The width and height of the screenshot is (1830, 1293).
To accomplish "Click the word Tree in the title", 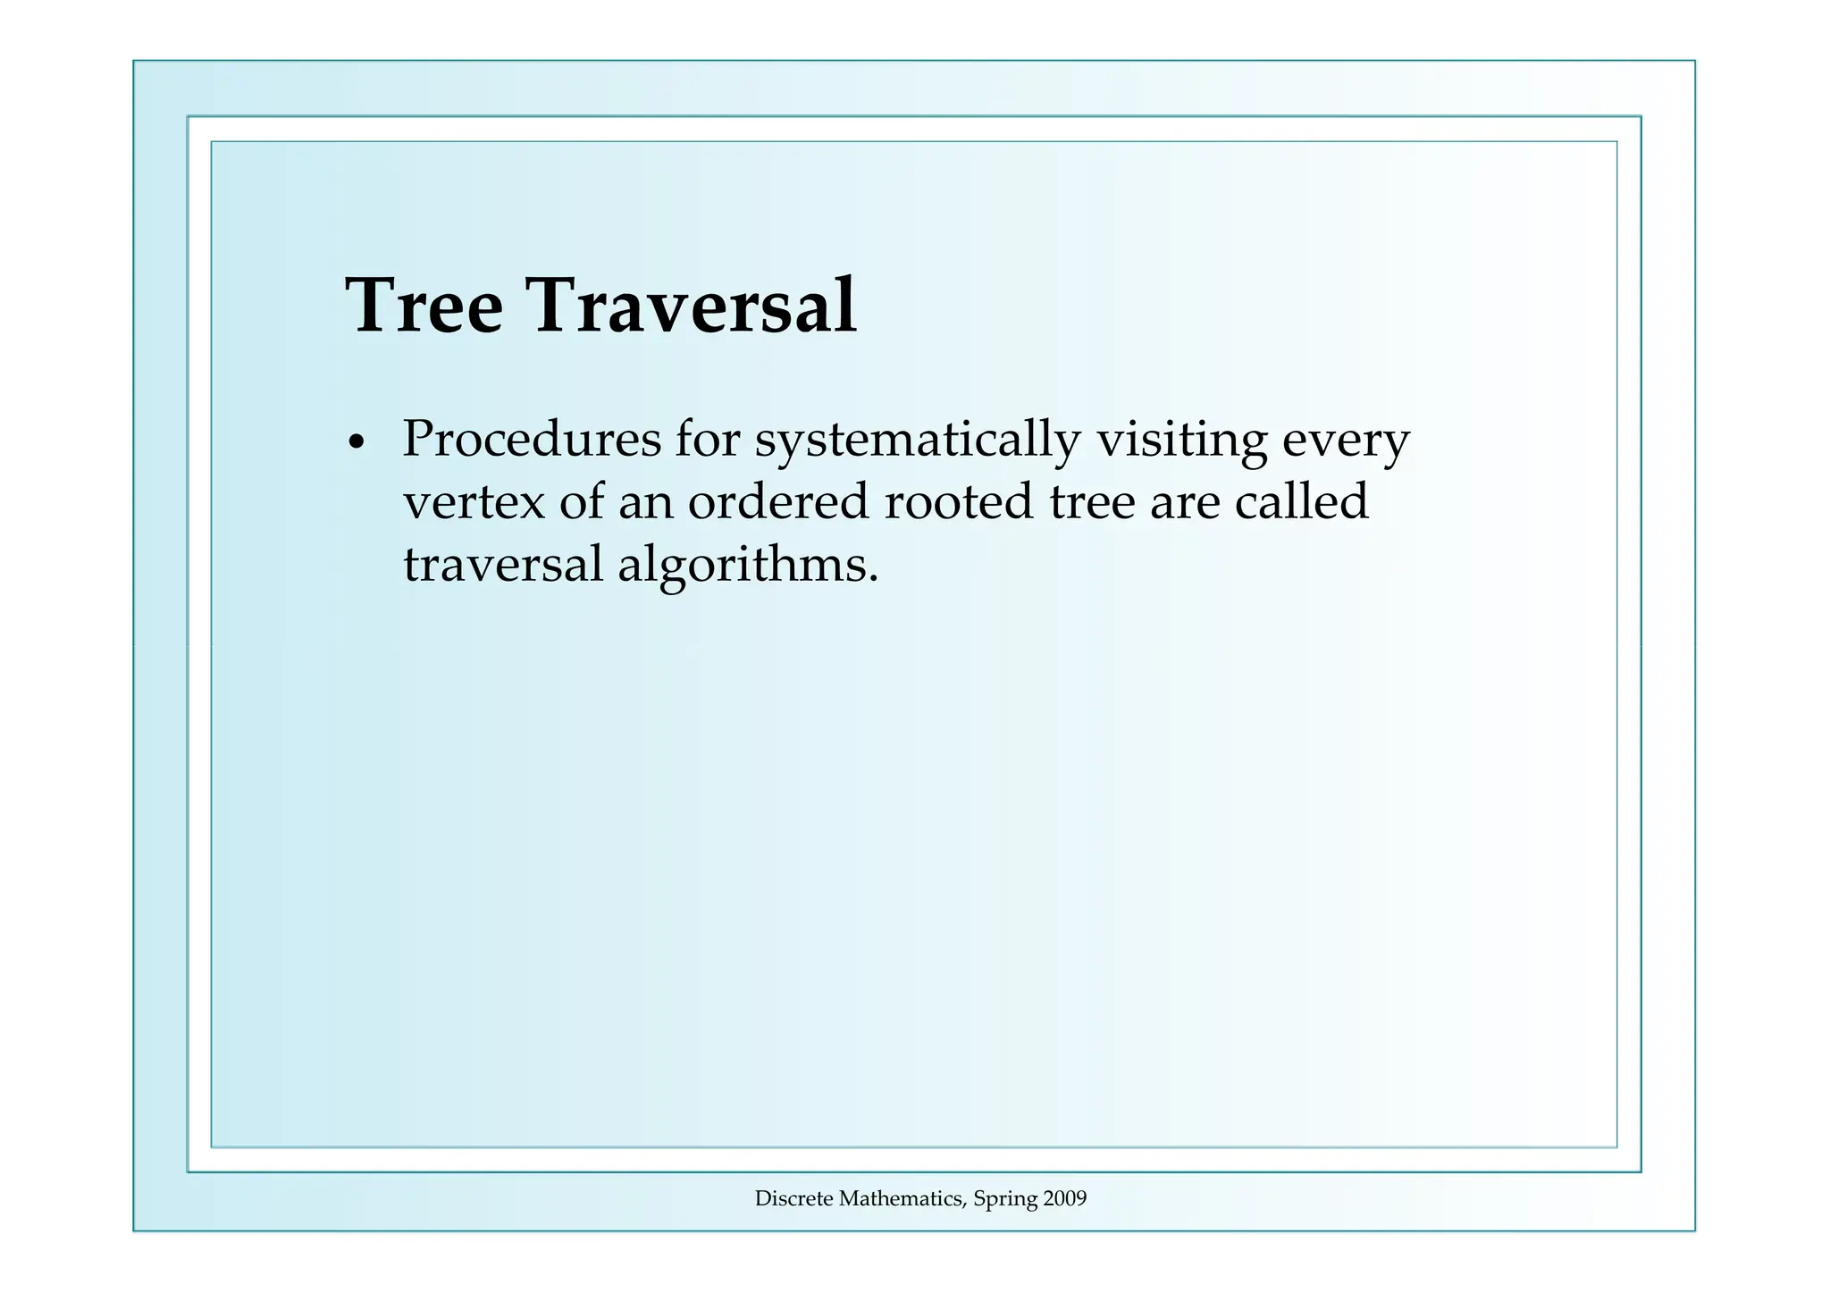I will coord(424,306).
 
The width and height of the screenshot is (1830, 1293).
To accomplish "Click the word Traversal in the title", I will coord(694,306).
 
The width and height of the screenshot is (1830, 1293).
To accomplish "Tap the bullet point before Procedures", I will coord(357,443).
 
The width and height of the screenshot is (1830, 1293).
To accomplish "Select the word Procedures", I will coord(532,440).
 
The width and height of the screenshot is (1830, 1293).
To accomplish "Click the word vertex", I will coord(474,502).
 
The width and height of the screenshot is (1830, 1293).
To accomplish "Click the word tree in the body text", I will coord(1092,502).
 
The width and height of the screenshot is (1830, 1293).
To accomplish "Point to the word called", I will coord(1301,502).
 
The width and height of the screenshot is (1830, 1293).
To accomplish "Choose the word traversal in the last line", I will coord(503,565).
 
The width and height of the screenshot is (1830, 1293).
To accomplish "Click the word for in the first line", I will coord(708,440).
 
